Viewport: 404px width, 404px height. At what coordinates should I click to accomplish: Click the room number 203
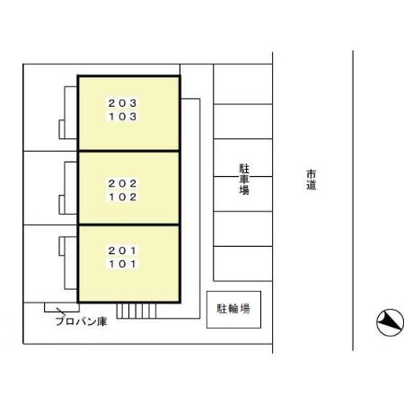click(122, 103)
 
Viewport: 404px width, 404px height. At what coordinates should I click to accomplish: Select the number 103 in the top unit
click(123, 117)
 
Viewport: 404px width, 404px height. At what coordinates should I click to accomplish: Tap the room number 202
click(122, 183)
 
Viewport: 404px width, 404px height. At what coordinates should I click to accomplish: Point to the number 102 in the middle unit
click(123, 197)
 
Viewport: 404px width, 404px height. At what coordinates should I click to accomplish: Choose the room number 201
click(122, 250)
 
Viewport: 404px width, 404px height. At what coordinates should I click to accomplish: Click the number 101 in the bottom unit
click(122, 264)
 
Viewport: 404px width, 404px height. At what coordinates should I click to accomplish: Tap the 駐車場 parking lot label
click(244, 180)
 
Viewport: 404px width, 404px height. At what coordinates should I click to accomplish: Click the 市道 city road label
click(311, 180)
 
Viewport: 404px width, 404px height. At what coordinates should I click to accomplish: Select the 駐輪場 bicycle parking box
click(233, 310)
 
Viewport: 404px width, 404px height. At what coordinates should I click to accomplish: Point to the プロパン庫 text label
click(81, 321)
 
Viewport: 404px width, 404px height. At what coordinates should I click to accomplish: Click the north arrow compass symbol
click(390, 322)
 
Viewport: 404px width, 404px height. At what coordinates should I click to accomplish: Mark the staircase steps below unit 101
click(136, 311)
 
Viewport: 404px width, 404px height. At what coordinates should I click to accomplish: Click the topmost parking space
click(242, 84)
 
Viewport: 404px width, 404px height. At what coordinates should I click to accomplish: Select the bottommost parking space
click(242, 264)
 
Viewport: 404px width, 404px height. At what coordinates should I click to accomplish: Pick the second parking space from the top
click(242, 121)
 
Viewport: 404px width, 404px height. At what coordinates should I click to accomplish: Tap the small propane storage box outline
click(62, 308)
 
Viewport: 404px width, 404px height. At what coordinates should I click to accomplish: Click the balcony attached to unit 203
click(68, 112)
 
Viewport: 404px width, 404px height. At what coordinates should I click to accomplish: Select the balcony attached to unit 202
click(68, 188)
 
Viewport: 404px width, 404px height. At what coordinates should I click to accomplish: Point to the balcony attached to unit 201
click(68, 263)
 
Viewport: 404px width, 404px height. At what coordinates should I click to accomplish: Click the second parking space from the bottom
click(242, 229)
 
